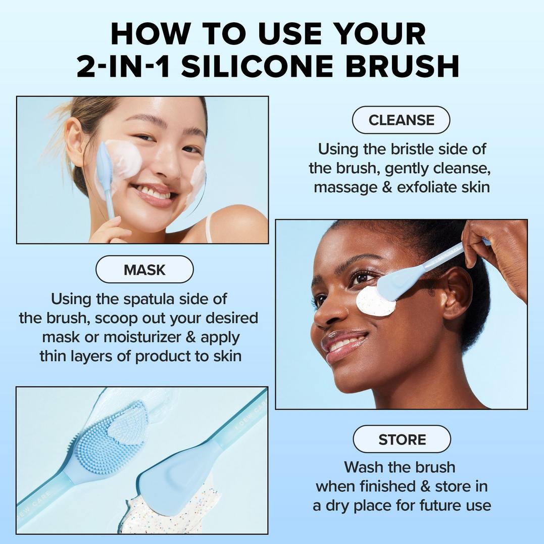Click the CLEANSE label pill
pos(401,120)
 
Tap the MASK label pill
pos(144,269)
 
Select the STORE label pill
pos(402,439)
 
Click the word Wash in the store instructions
pos(363,467)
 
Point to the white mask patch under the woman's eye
pos(375,303)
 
